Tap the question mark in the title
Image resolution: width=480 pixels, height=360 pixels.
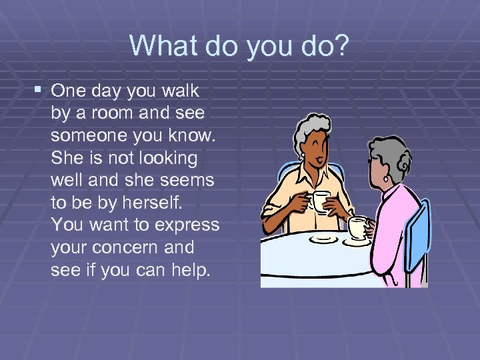(341, 45)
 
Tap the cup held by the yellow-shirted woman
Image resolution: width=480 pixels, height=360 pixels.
(321, 201)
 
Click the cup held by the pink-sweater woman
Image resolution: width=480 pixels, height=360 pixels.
(358, 227)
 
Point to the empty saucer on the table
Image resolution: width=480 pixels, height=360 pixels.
(324, 237)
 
